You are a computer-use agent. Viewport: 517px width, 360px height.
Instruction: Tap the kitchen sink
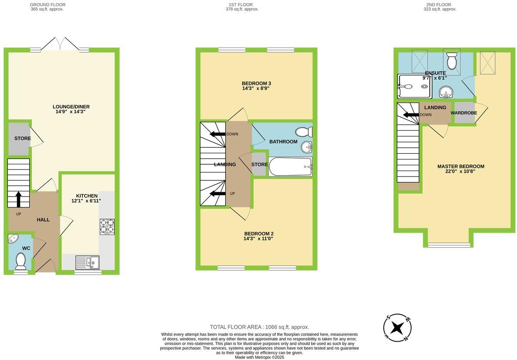pos(87,262)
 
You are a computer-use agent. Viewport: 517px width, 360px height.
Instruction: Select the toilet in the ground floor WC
pos(20,261)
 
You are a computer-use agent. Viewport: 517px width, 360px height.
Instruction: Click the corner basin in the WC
pos(14,239)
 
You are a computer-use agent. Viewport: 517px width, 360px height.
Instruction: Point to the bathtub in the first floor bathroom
pos(290,166)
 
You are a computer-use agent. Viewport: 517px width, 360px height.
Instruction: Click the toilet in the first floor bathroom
pos(303,131)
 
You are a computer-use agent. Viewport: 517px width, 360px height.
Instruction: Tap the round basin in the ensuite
pos(446,92)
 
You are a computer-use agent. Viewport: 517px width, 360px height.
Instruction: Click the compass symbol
pos(397,328)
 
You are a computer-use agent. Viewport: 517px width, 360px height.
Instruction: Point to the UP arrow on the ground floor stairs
pos(19,199)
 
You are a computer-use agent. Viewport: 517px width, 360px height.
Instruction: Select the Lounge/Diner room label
pos(71,107)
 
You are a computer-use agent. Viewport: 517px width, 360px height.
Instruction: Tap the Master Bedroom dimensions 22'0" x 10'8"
pos(461,172)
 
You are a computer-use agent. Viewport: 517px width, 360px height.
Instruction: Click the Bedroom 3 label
pos(256,83)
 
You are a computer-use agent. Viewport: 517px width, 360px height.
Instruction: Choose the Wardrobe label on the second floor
pos(463,113)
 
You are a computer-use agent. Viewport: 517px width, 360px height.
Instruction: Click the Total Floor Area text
pos(259,327)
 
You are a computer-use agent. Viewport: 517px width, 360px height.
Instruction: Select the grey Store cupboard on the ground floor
pos(19,139)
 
